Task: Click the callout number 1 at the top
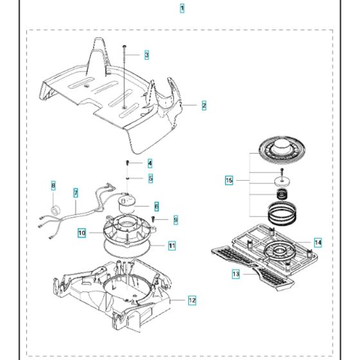pyautogui.click(x=182, y=8)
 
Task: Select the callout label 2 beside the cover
pyautogui.click(x=204, y=105)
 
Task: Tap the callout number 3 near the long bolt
pyautogui.click(x=147, y=55)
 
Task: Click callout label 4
pyautogui.click(x=150, y=163)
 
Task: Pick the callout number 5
pyautogui.click(x=150, y=178)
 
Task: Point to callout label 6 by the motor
pyautogui.click(x=156, y=206)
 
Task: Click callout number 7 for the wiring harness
pyautogui.click(x=75, y=192)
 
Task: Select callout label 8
pyautogui.click(x=53, y=186)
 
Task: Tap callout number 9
pyautogui.click(x=175, y=220)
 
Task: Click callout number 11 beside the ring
pyautogui.click(x=172, y=246)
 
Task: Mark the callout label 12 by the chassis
pyautogui.click(x=192, y=300)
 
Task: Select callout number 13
pyautogui.click(x=236, y=274)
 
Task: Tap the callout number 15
pyautogui.click(x=229, y=181)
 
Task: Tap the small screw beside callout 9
pyautogui.click(x=154, y=219)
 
